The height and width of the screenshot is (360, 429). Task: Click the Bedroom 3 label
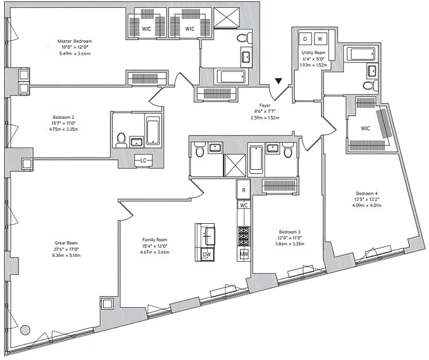[x=290, y=232]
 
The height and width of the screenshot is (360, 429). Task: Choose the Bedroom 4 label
[x=367, y=193]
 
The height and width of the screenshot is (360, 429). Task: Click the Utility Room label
[x=313, y=53]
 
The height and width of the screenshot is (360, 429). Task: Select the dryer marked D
[x=305, y=39]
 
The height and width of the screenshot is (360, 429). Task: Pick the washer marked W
[x=320, y=39]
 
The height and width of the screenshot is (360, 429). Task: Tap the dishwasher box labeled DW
[x=206, y=254]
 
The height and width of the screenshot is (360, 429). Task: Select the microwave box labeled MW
[x=244, y=254]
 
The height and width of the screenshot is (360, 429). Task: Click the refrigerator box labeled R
[x=243, y=190]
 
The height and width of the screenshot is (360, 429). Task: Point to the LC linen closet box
[x=143, y=161]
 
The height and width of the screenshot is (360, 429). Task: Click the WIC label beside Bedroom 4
[x=365, y=128]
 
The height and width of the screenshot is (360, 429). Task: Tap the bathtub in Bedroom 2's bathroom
[x=154, y=130]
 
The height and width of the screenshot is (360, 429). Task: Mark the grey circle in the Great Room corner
[x=25, y=329]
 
